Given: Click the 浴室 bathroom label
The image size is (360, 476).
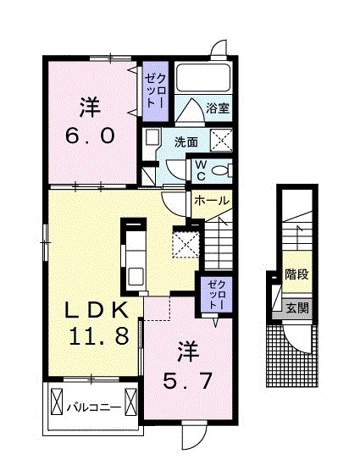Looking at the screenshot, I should tap(219, 108).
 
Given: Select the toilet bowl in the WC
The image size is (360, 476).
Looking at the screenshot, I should tap(221, 169).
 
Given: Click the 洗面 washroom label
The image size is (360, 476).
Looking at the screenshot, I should tap(187, 141).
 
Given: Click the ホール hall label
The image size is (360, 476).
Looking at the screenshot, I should tap(210, 201).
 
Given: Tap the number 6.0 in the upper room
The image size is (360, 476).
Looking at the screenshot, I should tap(90, 136).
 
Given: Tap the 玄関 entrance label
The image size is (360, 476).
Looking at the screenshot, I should tap(296, 307).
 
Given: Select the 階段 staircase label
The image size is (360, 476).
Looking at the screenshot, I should tap(296, 275).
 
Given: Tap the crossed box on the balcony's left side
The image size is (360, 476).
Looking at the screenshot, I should tap(58, 400).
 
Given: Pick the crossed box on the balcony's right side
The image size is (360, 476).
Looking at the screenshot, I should tap(131, 400).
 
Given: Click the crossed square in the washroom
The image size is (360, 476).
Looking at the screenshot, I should tap(221, 141).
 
